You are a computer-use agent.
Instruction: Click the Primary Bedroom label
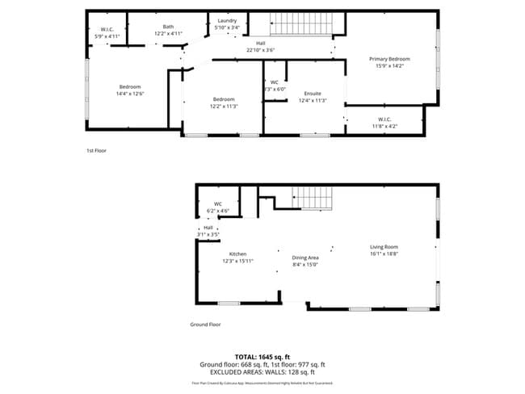(389, 59)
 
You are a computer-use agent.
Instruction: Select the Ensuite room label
(313, 94)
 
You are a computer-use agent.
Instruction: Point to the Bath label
(168, 27)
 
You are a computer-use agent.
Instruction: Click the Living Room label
(384, 247)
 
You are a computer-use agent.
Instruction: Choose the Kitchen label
(237, 254)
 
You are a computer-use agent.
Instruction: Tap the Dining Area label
(305, 258)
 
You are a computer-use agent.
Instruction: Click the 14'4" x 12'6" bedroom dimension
(131, 94)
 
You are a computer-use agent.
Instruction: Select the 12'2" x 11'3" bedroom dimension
(224, 106)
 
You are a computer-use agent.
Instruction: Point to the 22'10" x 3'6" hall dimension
(261, 51)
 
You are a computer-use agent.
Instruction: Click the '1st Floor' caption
(96, 151)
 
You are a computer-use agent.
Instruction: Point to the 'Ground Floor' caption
(206, 325)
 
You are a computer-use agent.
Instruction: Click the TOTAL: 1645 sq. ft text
(262, 356)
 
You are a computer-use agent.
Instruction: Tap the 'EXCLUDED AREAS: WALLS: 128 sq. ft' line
(262, 372)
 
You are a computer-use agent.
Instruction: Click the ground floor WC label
(217, 204)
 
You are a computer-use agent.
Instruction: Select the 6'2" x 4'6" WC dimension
(217, 211)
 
